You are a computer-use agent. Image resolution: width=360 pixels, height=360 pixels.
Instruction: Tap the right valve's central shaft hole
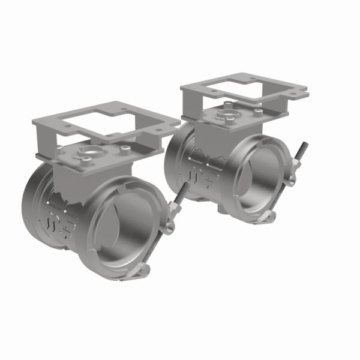click(x=230, y=112)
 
